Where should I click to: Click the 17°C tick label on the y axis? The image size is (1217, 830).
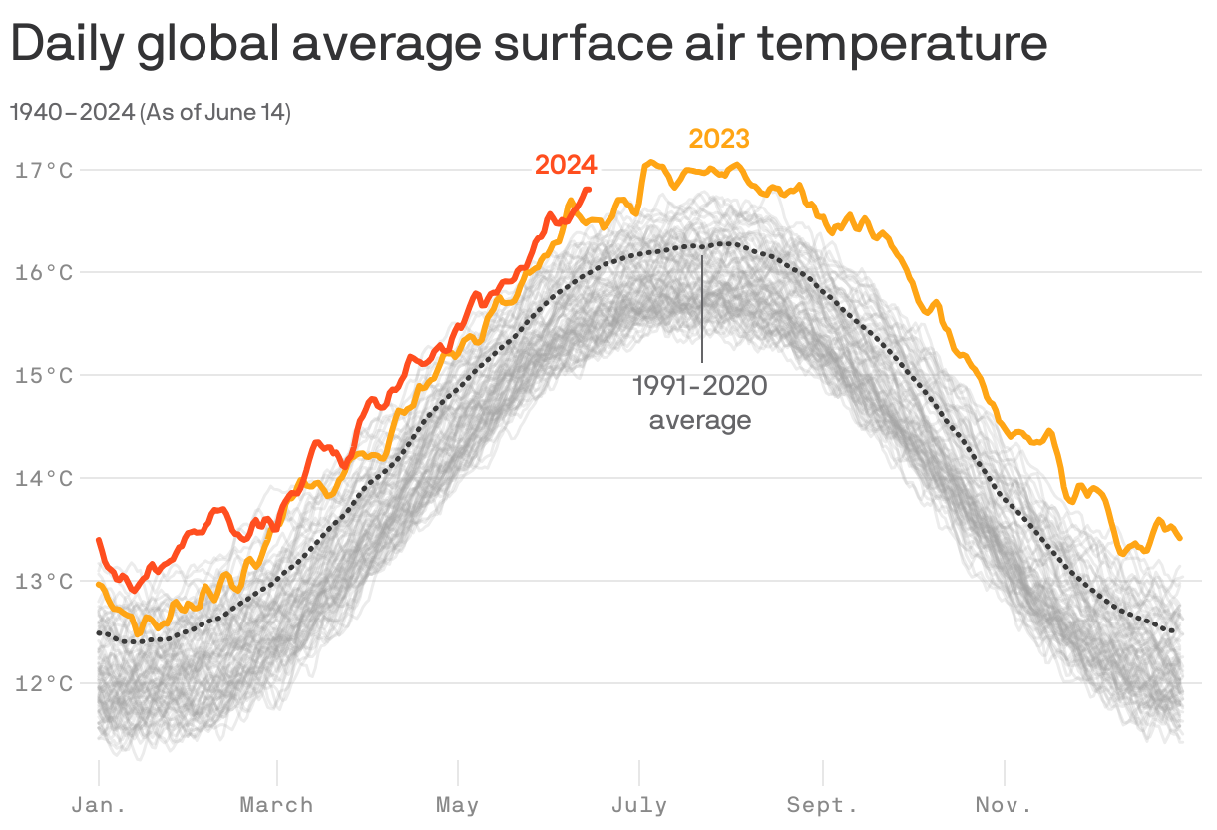click(44, 170)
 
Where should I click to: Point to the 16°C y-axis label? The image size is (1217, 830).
click(44, 272)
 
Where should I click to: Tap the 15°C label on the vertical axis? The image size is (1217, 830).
click(44, 375)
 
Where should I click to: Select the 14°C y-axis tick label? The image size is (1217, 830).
click(44, 478)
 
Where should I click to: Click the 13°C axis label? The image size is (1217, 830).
click(44, 581)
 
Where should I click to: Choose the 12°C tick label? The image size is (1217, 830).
click(44, 683)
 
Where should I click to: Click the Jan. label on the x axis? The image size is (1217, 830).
click(99, 805)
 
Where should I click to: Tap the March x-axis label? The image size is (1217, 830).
click(276, 805)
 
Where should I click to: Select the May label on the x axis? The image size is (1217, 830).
click(457, 805)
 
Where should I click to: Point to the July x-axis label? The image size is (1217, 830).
click(638, 805)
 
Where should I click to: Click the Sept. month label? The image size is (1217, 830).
click(822, 805)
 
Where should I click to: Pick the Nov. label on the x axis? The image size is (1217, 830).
click(1004, 805)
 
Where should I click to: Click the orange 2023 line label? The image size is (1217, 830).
click(718, 139)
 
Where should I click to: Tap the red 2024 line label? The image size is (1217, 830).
click(566, 165)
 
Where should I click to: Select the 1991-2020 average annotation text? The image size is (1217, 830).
click(700, 403)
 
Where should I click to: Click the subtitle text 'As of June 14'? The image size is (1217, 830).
click(215, 113)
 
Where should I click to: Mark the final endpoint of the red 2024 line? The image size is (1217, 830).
click(589, 189)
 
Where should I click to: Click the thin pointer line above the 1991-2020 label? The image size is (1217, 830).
click(702, 309)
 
